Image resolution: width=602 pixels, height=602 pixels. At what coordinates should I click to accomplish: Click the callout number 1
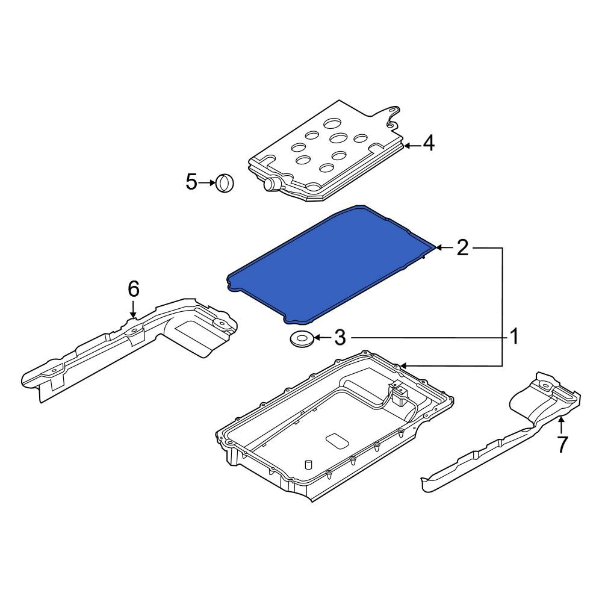(514, 337)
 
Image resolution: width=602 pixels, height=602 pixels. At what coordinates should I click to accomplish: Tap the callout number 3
(340, 338)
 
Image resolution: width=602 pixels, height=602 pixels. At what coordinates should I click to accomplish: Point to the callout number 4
(429, 143)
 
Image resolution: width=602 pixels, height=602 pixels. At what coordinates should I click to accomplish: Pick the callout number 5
(191, 182)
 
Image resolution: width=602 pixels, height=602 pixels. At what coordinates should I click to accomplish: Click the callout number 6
(133, 289)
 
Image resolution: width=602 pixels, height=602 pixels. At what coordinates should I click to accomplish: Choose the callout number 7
(562, 445)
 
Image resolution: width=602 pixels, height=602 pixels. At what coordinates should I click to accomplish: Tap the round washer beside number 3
(302, 338)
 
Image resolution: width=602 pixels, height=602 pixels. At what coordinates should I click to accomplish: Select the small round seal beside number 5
(225, 183)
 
